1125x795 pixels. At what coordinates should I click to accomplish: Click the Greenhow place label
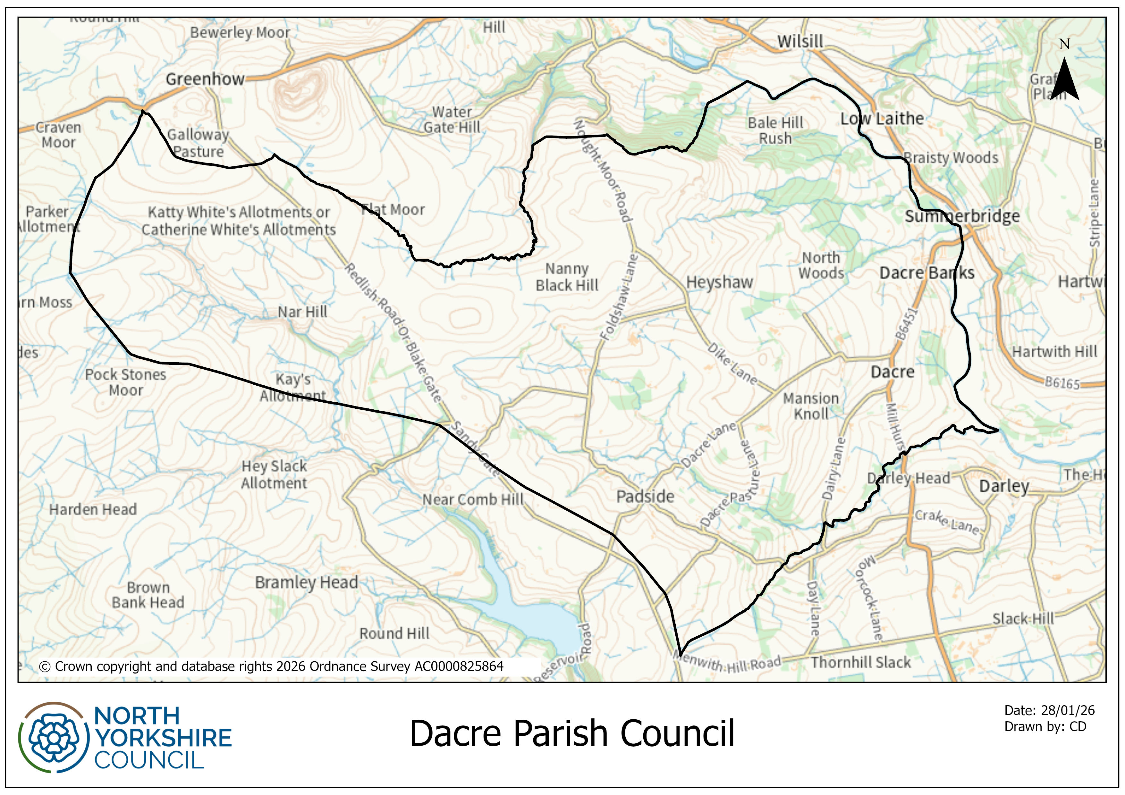(205, 79)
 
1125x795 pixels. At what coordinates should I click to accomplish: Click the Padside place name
(645, 496)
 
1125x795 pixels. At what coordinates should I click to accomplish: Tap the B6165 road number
(1062, 382)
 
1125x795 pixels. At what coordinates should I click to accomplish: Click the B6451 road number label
(906, 323)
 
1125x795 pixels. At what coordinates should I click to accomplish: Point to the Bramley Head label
(306, 582)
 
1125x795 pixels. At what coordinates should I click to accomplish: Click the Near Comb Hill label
(473, 500)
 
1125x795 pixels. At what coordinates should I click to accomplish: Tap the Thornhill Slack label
(860, 662)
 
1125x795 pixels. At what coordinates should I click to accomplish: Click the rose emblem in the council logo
(54, 738)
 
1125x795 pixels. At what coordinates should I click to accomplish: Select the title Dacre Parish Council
(572, 733)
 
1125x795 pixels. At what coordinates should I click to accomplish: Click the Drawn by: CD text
(1045, 726)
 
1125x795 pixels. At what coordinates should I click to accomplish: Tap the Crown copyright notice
(271, 666)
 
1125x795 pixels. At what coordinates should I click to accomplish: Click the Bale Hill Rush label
(775, 130)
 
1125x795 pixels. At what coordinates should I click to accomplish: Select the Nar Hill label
(302, 312)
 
